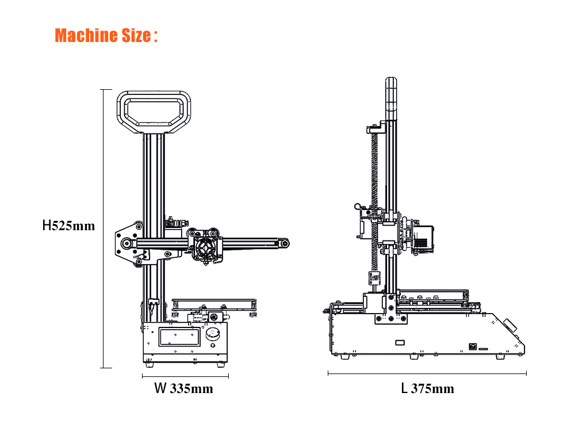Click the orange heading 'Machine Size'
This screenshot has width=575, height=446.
[103, 36]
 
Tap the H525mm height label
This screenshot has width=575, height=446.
[68, 225]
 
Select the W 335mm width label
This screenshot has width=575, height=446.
[183, 388]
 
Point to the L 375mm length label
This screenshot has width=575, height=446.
[428, 388]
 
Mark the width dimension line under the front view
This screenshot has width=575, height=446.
[185, 376]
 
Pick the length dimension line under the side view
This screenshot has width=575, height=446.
[427, 373]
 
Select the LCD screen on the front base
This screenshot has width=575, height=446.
[179, 337]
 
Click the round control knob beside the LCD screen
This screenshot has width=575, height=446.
[213, 334]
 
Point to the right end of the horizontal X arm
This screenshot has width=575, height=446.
[284, 243]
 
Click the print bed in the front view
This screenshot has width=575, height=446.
[214, 304]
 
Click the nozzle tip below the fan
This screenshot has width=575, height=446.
[206, 264]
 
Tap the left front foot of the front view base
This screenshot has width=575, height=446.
[149, 365]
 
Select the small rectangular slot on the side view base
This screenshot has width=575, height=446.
[400, 342]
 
